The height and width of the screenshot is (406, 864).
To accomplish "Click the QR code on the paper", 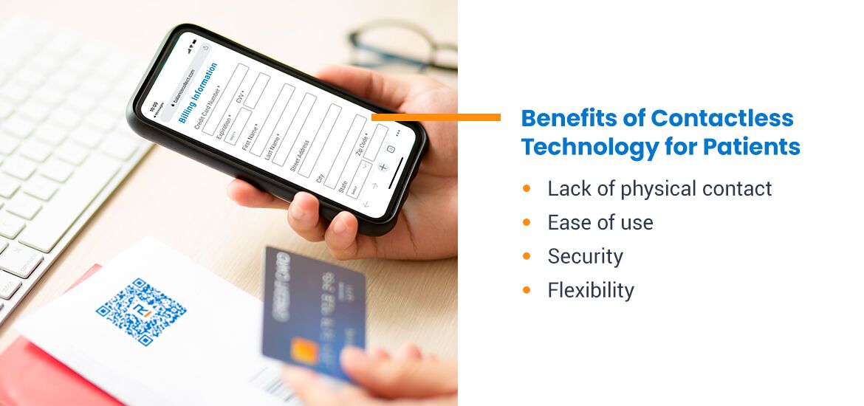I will click(141, 312).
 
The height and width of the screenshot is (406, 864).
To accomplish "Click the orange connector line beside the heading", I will click(436, 117).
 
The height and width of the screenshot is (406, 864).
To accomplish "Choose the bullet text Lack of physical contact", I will click(659, 189).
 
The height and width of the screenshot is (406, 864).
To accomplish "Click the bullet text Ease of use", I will click(600, 223).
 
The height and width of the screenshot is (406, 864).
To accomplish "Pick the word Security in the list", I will click(585, 257).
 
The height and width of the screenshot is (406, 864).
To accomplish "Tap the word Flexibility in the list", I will click(591, 291).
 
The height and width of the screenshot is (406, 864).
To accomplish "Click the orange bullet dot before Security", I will click(527, 256).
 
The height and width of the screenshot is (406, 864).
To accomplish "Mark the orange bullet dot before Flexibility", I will click(527, 290).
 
